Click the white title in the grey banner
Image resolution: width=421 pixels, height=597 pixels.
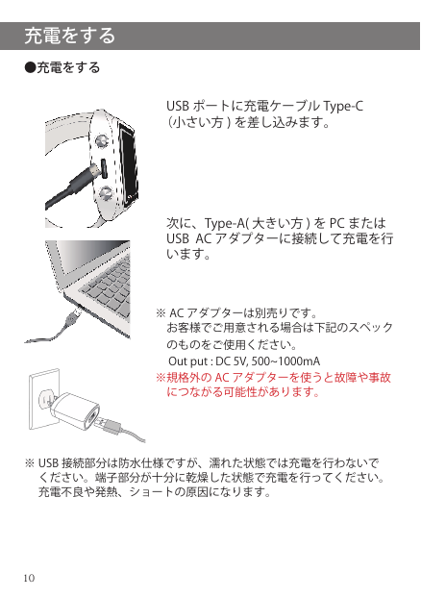coord(69,36)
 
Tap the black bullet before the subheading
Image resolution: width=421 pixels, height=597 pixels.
coord(30,67)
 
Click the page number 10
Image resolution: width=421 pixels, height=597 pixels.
coord(29,578)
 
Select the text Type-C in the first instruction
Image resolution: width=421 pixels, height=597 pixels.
coord(343,106)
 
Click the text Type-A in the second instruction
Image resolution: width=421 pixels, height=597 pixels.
coord(225,223)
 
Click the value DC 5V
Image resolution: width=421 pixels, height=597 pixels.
coord(232,361)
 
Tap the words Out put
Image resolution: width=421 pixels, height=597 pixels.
coord(188,361)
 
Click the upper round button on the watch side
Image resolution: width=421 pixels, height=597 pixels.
coord(102,141)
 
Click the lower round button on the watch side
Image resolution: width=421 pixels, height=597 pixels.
coord(105,193)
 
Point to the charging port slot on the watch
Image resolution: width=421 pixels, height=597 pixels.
coord(104,168)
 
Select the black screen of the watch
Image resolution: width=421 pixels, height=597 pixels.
coord(128,162)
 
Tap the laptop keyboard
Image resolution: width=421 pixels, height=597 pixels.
coord(108,284)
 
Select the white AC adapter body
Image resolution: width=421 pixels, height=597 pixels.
coord(75,412)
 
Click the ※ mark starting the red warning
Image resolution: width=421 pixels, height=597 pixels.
coord(161,378)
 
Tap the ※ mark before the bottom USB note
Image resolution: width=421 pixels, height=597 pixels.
coord(29,463)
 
